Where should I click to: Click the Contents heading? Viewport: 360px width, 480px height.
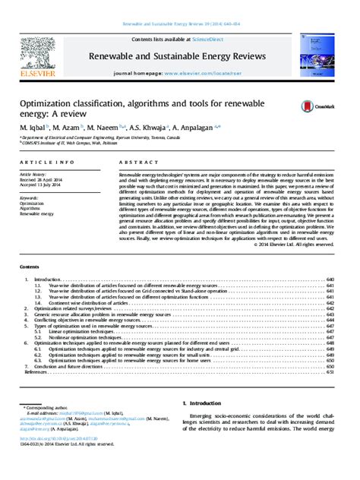point(30,267)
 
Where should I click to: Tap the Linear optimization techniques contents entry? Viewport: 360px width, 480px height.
point(81,332)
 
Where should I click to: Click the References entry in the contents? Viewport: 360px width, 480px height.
point(37,372)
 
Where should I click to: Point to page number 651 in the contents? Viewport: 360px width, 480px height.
point(330,372)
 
